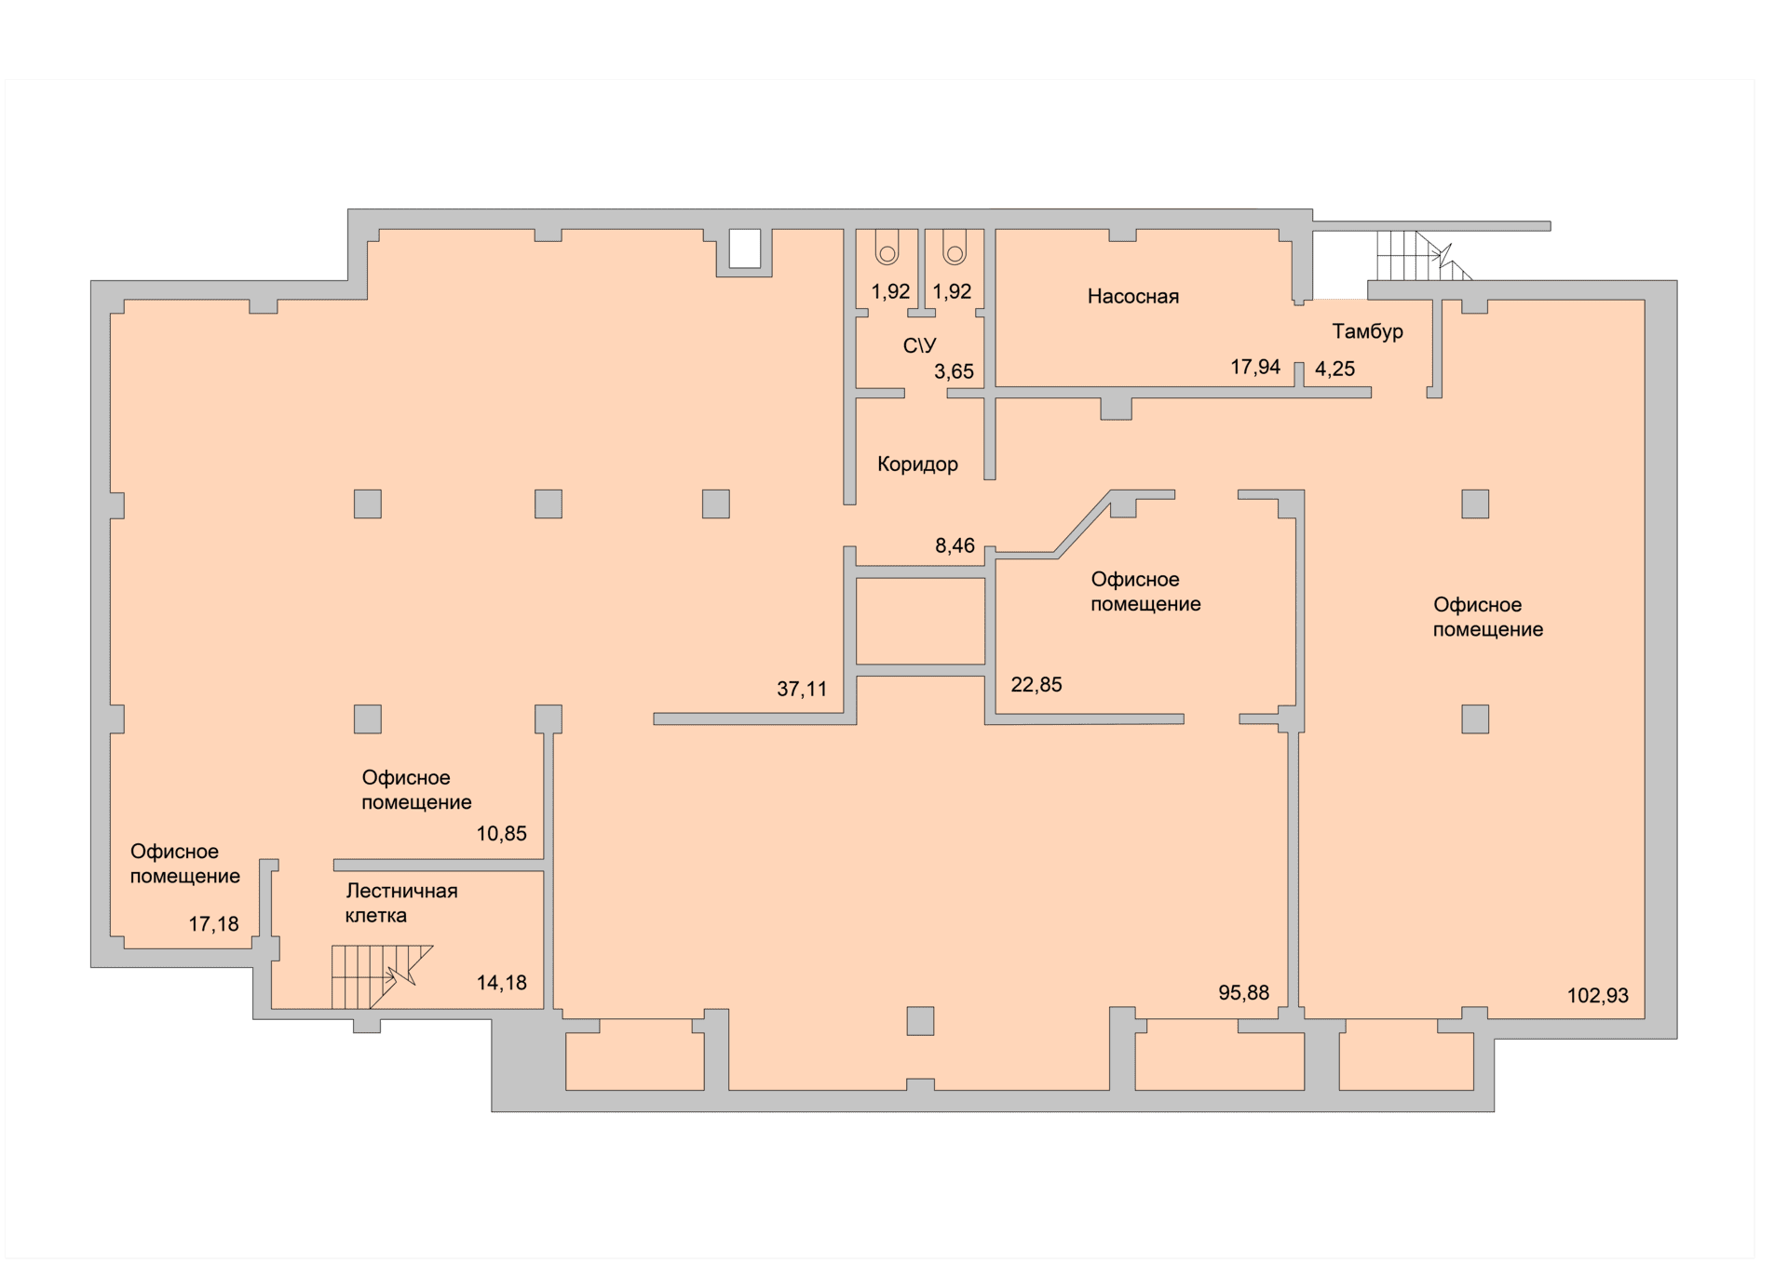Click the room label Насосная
click(1132, 297)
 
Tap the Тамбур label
click(1367, 332)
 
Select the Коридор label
click(917, 464)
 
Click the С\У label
click(919, 346)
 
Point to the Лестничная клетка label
click(401, 904)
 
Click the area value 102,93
click(1598, 996)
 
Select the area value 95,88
click(1243, 993)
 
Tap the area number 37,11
click(802, 690)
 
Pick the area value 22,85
click(1036, 685)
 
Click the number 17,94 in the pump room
click(1255, 368)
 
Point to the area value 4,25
click(1334, 369)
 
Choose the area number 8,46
click(955, 546)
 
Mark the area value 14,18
click(502, 983)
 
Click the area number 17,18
click(214, 924)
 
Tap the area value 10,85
click(502, 834)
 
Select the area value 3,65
click(954, 372)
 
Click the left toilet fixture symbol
click(887, 248)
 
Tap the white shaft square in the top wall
click(744, 249)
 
